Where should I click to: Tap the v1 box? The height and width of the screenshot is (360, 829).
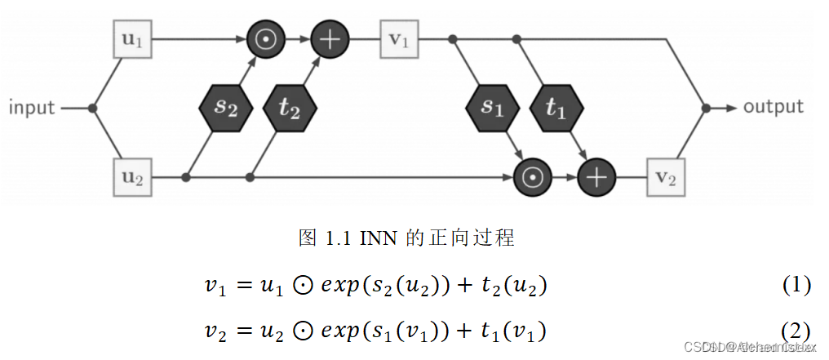coord(398,39)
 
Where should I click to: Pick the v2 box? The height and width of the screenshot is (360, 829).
coord(666,176)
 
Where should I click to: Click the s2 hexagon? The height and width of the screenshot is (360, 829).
coord(224,108)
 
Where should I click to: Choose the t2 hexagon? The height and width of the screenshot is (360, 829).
coord(290,108)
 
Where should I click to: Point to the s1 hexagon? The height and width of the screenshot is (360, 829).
coord(491,108)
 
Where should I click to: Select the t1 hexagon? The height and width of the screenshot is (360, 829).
coord(556,108)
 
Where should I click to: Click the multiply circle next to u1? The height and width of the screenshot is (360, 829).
coord(265,39)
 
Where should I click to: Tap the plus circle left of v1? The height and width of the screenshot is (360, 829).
coord(330,39)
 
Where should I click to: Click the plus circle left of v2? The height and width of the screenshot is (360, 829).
coord(597,176)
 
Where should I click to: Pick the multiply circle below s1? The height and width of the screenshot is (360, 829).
coord(532,176)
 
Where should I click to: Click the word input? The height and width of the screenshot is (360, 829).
coord(32,108)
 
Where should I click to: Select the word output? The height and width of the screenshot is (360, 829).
coord(773,107)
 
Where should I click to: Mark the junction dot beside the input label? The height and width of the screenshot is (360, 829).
coord(93,108)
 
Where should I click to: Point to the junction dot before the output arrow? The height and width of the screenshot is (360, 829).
coord(706,108)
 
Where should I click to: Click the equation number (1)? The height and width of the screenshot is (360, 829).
coord(796,285)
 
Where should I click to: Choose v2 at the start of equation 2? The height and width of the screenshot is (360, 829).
coord(214,331)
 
